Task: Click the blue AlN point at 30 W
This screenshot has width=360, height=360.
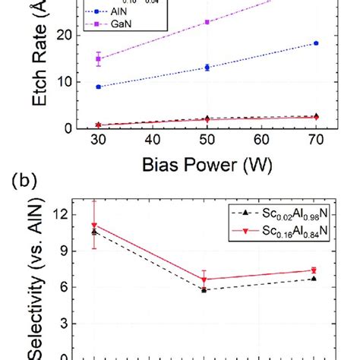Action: point(98,87)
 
